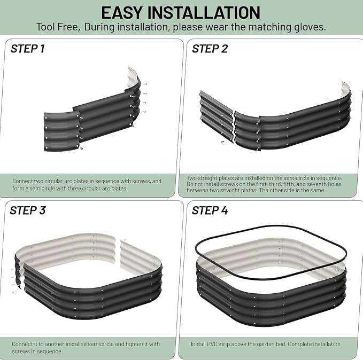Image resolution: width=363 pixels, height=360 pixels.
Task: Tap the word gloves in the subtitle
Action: (310, 27)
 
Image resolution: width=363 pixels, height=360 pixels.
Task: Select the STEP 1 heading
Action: (27, 49)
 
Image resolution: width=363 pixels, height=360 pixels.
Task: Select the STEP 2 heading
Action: (210, 49)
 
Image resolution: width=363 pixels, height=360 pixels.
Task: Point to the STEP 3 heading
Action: (28, 210)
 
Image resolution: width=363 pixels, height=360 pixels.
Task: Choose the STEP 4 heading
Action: (210, 210)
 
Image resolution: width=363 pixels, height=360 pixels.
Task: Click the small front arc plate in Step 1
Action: (62, 131)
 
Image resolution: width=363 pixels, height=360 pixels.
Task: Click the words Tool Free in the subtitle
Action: (57, 27)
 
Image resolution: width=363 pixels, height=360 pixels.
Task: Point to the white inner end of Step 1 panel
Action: (133, 76)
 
